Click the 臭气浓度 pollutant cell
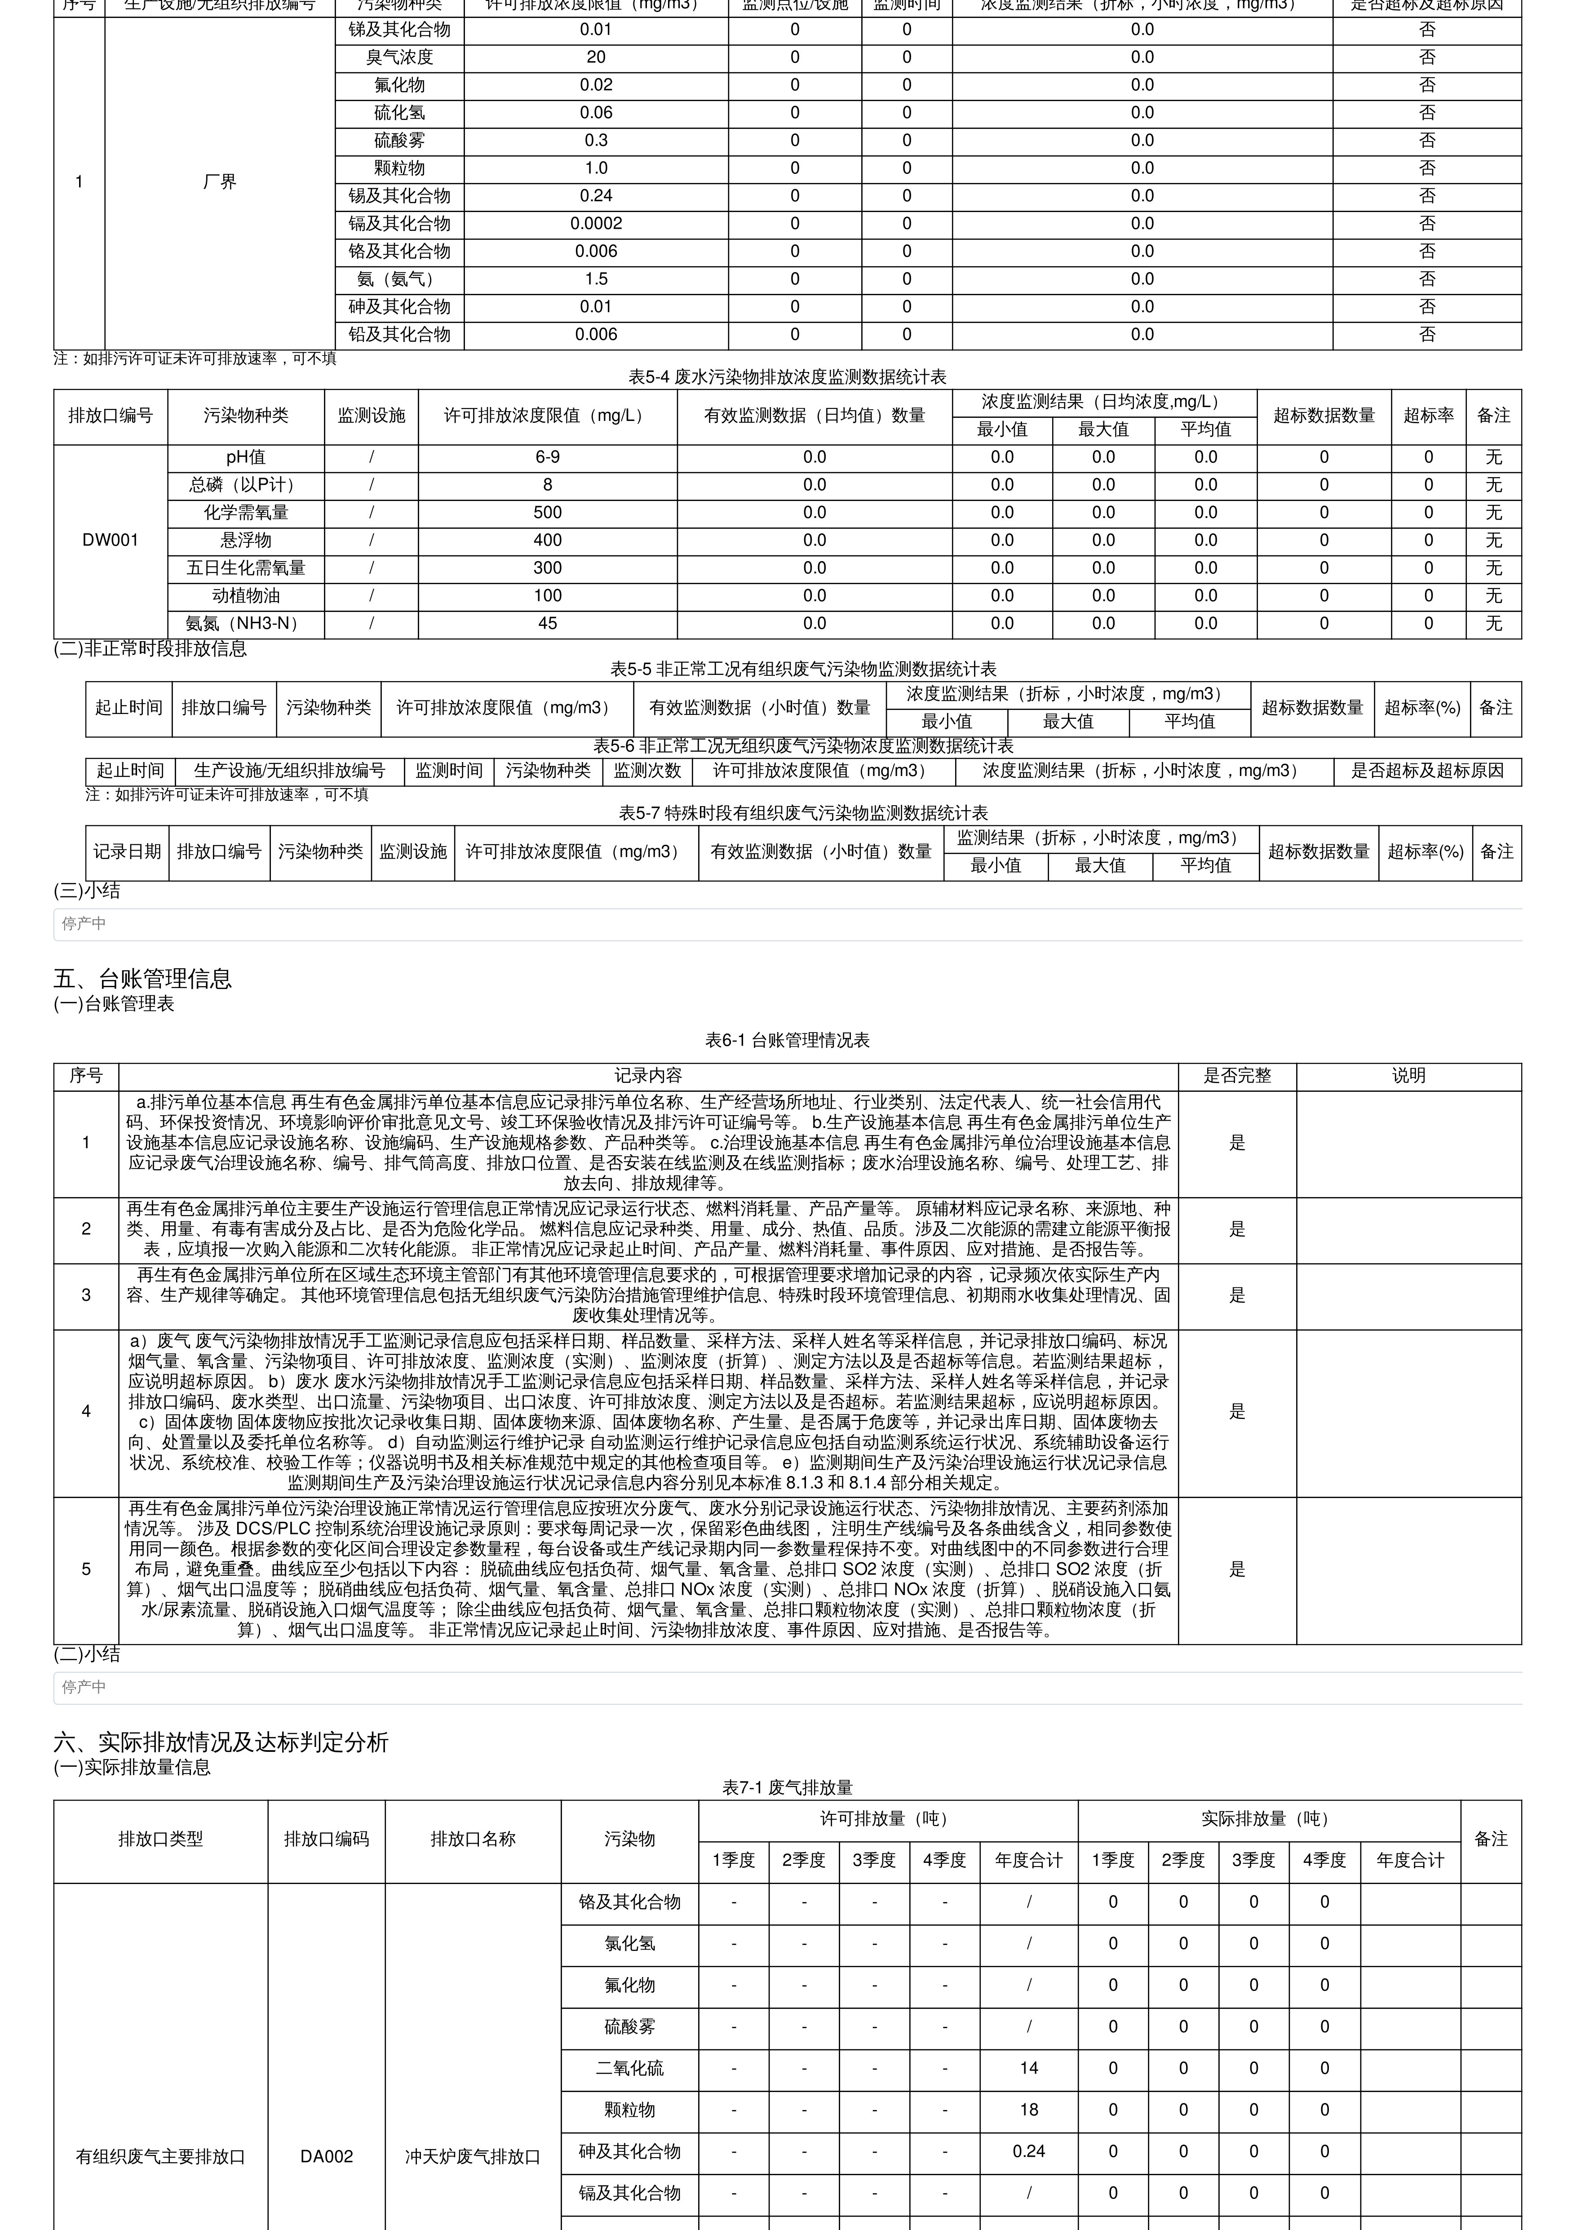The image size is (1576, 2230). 399,58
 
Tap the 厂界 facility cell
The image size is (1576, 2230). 219,182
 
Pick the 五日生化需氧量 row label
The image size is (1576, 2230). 246,568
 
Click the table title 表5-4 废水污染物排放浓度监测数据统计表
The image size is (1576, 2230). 787,377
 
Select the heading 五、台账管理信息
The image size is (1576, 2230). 143,978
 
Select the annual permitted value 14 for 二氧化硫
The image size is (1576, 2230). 1028,2068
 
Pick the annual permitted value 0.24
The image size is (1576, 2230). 1028,2151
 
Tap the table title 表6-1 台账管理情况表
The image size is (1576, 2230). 787,1040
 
